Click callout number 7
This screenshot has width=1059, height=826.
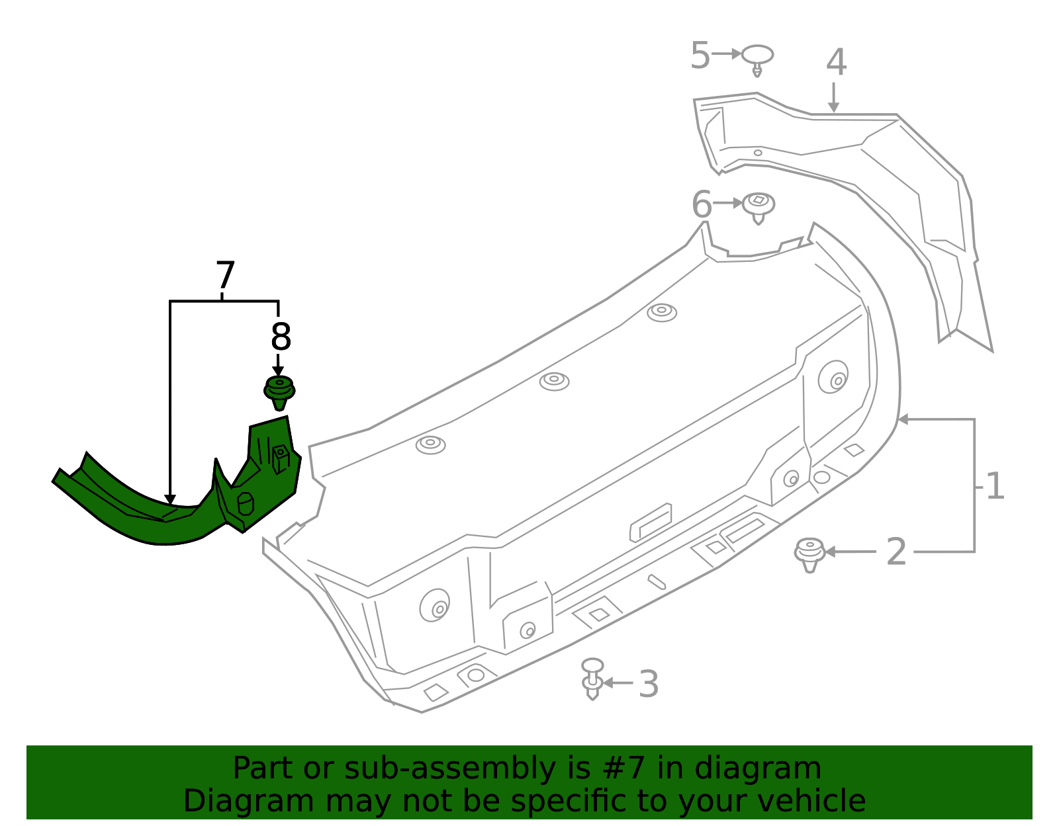coord(225,276)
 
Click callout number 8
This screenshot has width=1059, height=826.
coord(281,337)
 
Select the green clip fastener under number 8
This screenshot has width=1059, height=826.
coord(279,392)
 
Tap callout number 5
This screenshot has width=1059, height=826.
coord(700,55)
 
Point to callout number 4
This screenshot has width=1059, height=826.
coord(836,63)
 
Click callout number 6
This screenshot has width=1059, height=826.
coord(702,204)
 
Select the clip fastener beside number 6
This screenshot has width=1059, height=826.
coord(759,207)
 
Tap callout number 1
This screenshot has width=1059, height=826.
coord(995,487)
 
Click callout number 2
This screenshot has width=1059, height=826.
coord(896,552)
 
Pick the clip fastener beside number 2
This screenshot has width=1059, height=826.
coord(809,554)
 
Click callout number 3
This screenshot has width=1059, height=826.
coord(649,684)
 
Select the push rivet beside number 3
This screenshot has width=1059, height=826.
coord(592,679)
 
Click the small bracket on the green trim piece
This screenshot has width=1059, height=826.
coord(281,458)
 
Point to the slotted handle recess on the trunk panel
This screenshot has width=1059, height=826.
coord(651,522)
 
